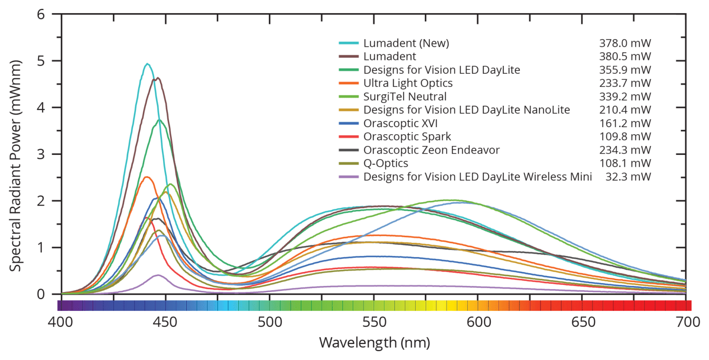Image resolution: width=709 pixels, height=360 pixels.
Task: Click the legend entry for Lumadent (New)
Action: (406, 43)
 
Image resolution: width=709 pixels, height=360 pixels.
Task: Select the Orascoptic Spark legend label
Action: (407, 137)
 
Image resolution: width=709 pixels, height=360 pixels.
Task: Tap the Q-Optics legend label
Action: (386, 163)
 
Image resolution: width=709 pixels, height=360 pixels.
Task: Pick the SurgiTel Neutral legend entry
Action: (405, 96)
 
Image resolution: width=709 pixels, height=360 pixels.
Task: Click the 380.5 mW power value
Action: (624, 56)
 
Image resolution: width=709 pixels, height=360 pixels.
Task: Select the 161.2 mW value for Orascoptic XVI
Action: (624, 123)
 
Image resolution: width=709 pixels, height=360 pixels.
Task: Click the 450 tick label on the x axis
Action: (164, 322)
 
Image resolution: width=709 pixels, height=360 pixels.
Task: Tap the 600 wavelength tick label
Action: (477, 322)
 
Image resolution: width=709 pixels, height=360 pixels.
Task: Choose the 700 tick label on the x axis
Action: (686, 322)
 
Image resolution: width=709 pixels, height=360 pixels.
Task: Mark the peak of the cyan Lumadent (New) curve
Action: (147, 64)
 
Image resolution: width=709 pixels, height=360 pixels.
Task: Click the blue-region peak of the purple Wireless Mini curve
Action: (158, 275)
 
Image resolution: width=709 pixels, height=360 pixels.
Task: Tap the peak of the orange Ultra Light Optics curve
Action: (147, 177)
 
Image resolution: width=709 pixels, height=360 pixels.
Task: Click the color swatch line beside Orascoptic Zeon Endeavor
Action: (349, 150)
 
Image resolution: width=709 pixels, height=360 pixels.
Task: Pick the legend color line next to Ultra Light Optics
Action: (349, 83)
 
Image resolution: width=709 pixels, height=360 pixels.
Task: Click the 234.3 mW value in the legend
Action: (624, 150)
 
